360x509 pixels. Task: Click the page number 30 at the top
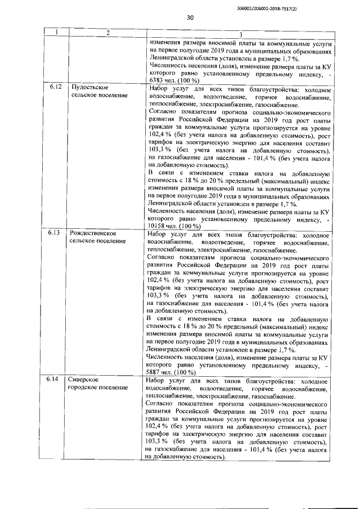pyautogui.click(x=190, y=18)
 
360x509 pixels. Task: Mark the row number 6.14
pyautogui.click(x=54, y=381)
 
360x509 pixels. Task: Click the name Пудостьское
pyautogui.click(x=88, y=88)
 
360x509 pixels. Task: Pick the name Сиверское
pyautogui.click(x=84, y=381)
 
